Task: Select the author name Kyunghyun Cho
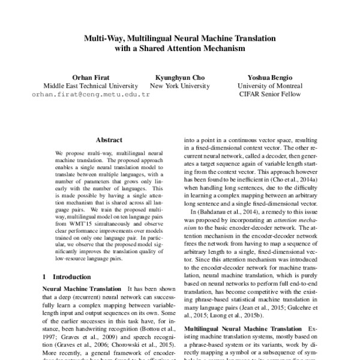180,77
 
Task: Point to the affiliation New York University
180,86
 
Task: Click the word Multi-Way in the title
104,38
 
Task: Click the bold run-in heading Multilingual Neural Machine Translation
243,329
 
